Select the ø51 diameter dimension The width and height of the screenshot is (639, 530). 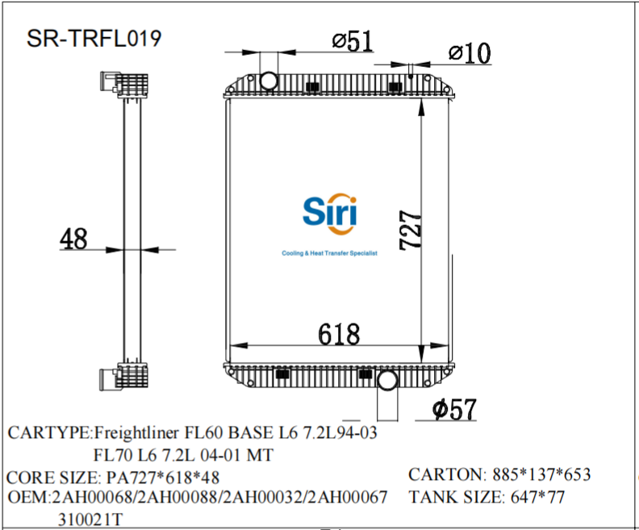353,42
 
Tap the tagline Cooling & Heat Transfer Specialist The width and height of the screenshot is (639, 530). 329,253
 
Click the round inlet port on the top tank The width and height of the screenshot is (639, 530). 269,79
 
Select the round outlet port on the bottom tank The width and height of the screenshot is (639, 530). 387,380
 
